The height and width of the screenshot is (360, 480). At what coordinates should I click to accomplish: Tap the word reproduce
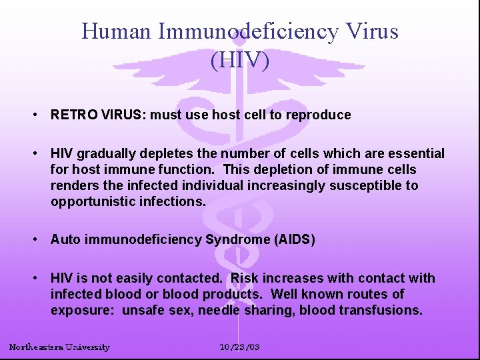319,115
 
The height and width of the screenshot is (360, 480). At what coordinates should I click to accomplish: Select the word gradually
111,154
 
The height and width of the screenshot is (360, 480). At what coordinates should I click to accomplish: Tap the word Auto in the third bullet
65,239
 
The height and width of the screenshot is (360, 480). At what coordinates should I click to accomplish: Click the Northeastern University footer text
59,347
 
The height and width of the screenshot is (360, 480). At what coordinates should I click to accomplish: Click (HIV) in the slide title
240,61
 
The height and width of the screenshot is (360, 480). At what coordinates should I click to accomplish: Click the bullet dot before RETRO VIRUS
34,115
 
